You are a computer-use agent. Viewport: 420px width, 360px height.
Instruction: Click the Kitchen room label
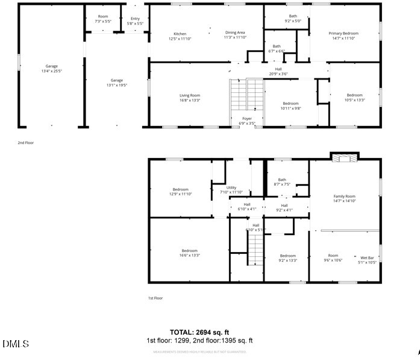(180, 36)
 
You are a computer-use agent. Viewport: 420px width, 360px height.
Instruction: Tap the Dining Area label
(235, 35)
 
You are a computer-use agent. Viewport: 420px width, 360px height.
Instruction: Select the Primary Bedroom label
(343, 36)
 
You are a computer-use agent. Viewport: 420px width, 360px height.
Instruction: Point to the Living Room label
(190, 98)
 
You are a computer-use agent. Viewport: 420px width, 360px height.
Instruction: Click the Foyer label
(247, 121)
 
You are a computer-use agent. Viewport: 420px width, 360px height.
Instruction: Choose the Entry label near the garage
(135, 21)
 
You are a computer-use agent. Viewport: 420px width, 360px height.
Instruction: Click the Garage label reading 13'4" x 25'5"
(52, 68)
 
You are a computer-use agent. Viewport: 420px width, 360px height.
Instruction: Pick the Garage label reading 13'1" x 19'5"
(116, 83)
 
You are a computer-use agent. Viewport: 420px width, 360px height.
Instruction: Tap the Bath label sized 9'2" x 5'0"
(293, 19)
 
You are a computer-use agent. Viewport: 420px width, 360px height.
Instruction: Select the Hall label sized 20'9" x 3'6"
(279, 72)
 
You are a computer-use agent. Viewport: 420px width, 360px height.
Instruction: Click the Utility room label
(231, 190)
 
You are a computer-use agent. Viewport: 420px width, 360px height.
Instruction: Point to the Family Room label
(345, 198)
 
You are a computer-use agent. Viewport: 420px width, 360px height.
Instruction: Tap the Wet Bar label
(367, 260)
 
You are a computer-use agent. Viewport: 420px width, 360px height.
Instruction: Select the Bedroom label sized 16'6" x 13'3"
(190, 253)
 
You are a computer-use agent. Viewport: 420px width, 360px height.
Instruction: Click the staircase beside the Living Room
(247, 96)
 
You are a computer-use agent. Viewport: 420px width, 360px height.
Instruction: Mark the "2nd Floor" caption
(25, 143)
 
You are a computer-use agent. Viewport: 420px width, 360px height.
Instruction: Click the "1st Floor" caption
(155, 298)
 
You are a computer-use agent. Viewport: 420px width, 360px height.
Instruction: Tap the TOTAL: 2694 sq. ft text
(199, 332)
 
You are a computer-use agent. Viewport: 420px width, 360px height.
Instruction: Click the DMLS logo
(16, 344)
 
